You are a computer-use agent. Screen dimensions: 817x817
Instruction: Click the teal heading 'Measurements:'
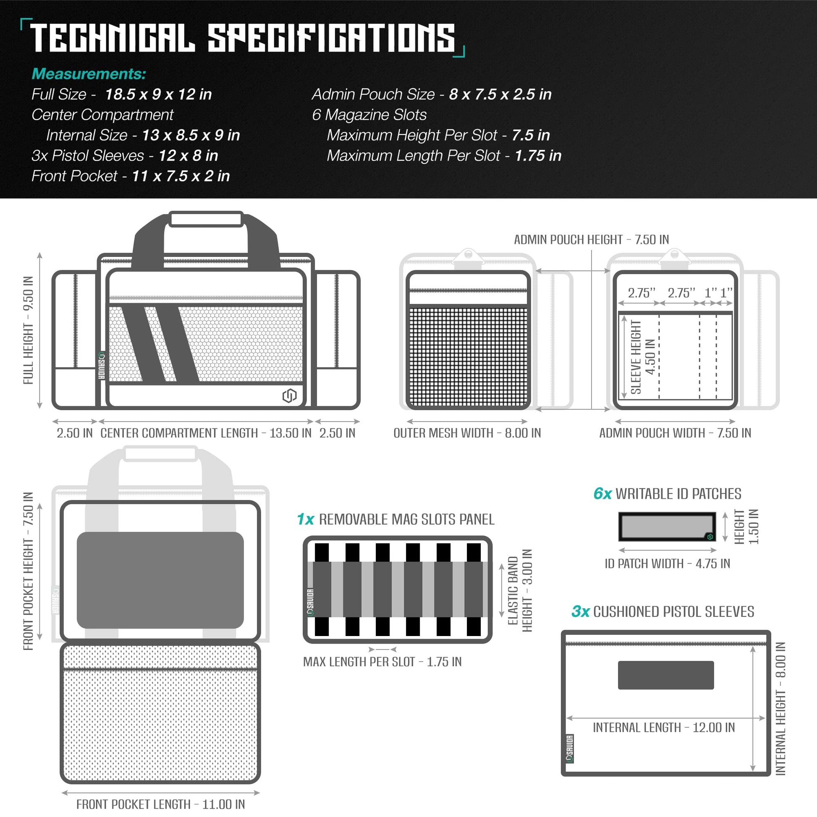click(x=89, y=74)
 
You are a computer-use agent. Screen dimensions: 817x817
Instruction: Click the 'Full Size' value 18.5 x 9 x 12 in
click(x=158, y=94)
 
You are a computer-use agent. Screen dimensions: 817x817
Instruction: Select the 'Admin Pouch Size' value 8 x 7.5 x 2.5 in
click(x=500, y=94)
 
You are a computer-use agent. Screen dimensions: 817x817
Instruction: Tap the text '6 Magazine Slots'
click(x=369, y=115)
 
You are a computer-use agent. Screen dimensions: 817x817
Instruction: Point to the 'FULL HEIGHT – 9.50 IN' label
click(x=28, y=330)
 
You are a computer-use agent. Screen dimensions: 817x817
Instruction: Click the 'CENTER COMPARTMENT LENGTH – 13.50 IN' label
click(x=206, y=433)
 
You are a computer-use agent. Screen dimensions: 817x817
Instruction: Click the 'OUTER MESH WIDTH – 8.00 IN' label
click(x=467, y=433)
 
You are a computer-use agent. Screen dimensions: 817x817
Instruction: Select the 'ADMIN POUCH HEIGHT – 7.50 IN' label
click(x=592, y=240)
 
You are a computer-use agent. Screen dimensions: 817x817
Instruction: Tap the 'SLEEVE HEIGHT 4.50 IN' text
click(x=643, y=357)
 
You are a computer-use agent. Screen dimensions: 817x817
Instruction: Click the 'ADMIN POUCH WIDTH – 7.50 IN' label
click(x=676, y=433)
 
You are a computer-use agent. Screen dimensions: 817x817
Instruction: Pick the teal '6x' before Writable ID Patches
click(x=602, y=493)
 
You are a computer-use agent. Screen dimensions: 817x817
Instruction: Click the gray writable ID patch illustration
click(x=667, y=526)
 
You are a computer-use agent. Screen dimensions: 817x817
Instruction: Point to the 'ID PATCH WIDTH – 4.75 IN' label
click(x=667, y=564)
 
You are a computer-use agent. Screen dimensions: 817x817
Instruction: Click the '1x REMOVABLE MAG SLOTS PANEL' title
click(x=396, y=519)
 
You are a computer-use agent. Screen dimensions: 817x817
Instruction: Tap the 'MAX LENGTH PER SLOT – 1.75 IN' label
click(x=382, y=662)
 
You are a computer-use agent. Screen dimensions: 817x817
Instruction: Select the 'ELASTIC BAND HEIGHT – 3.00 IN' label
click(x=520, y=591)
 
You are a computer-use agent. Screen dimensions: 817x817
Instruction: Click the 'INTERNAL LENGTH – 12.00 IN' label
click(x=664, y=727)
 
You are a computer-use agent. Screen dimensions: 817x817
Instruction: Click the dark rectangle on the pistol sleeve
click(x=666, y=676)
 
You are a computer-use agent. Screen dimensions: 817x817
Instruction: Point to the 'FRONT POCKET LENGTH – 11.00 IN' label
click(x=161, y=804)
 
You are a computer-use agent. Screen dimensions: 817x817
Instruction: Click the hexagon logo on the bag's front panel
click(x=290, y=396)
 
